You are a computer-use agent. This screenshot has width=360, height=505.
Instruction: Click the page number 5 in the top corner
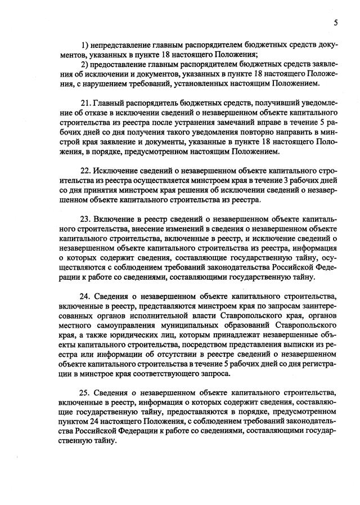click(x=335, y=23)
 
